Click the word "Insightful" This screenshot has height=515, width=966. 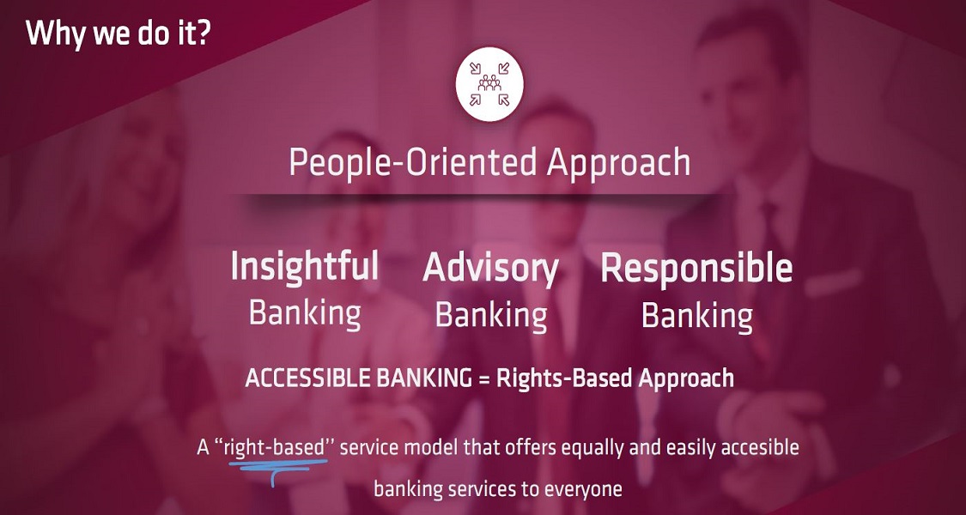[x=304, y=266]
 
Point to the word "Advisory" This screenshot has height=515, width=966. [x=490, y=269]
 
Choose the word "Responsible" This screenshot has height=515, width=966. [x=696, y=269]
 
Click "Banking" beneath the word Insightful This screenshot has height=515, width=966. [x=304, y=313]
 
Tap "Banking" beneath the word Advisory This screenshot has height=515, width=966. [x=490, y=316]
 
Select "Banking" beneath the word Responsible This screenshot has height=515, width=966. [x=696, y=317]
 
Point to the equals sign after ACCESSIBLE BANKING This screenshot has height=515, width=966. [x=483, y=379]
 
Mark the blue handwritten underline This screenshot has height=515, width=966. [x=278, y=464]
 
